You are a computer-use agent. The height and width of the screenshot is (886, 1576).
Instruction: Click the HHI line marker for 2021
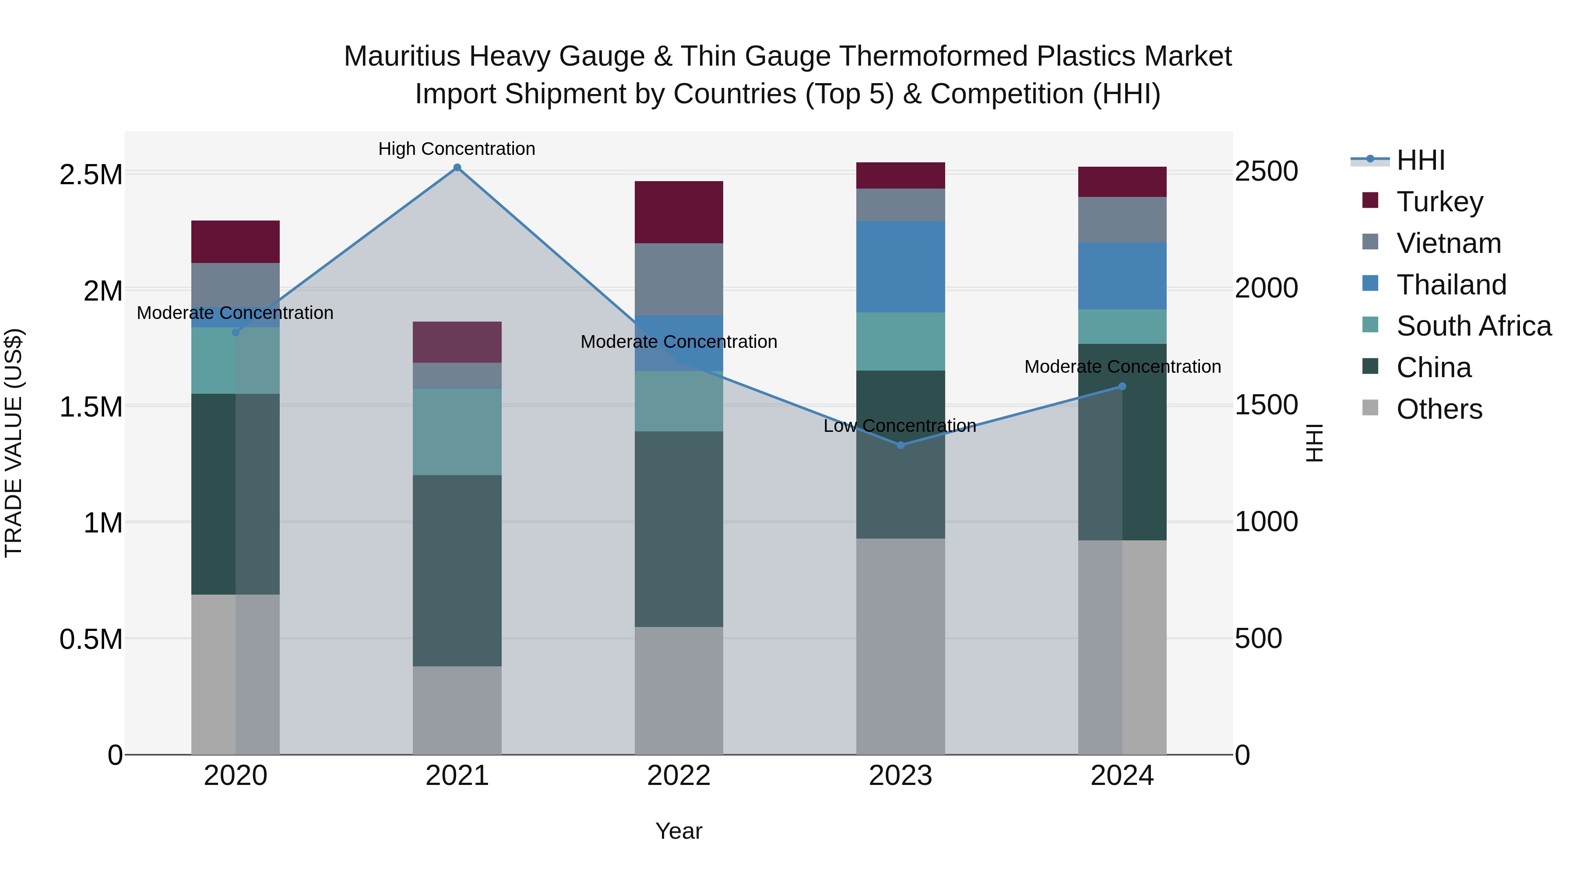[457, 168]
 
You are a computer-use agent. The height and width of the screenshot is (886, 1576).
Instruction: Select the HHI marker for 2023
[900, 445]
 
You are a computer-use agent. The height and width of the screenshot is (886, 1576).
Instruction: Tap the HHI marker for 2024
[1122, 386]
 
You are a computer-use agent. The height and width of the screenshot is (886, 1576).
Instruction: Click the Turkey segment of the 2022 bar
[679, 212]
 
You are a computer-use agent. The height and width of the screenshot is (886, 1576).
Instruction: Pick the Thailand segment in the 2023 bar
[900, 266]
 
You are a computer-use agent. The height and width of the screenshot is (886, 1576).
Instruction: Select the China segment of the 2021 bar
[457, 571]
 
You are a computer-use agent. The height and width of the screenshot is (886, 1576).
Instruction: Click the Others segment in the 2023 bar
[900, 646]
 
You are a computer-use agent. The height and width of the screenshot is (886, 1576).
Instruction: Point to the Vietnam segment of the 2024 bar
[1122, 220]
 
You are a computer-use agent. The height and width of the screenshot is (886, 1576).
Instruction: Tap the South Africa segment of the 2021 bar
[457, 432]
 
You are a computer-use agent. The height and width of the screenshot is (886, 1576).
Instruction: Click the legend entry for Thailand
[1451, 285]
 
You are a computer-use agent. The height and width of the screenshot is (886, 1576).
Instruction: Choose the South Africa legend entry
[1473, 326]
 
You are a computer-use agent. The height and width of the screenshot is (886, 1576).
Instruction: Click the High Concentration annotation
[457, 149]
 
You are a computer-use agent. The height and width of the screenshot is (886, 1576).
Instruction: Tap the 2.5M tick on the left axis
[91, 175]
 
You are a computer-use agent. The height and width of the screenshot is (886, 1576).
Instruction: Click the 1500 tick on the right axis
[1266, 405]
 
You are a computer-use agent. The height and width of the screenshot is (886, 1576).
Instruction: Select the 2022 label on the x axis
[679, 776]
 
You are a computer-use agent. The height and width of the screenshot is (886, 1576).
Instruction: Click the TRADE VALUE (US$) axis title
[14, 443]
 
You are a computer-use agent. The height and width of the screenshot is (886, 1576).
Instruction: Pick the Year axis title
[679, 831]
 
